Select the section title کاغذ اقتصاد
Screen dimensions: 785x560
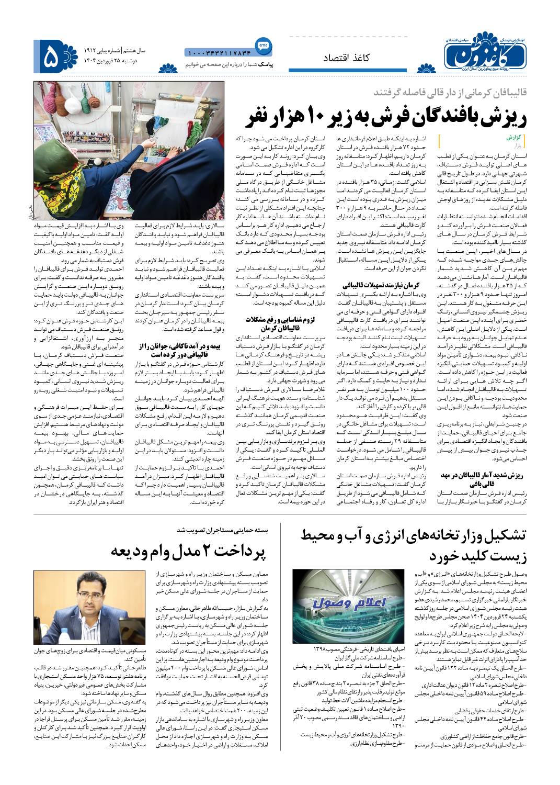[x=345, y=58]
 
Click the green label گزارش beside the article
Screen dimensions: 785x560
[x=515, y=137]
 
